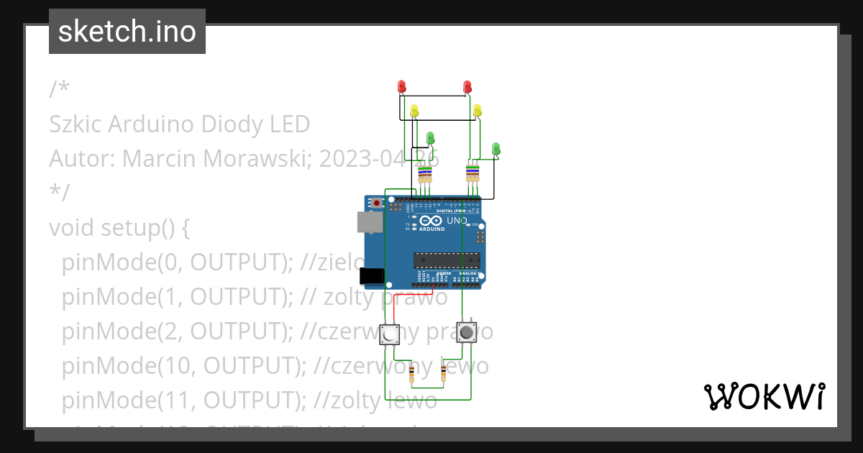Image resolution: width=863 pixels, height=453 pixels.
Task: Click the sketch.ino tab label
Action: [x=127, y=32]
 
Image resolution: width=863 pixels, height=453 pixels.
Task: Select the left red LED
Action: [x=402, y=86]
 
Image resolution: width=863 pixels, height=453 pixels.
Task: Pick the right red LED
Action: [x=467, y=86]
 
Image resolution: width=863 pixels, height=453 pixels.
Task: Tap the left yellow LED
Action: [x=414, y=111]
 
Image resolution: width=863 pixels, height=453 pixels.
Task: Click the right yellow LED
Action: [x=478, y=110]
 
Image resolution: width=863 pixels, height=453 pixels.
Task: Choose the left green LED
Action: [x=430, y=137]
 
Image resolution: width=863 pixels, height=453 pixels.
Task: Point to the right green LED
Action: [x=496, y=148]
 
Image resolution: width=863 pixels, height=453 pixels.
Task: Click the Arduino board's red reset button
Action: [x=377, y=204]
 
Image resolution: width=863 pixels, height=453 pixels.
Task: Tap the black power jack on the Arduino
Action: [x=371, y=275]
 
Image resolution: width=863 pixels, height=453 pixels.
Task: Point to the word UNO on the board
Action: [x=457, y=221]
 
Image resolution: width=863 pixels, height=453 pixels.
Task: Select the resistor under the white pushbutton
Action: [x=411, y=373]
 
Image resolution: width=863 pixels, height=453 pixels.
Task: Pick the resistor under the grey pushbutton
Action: [x=443, y=372]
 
